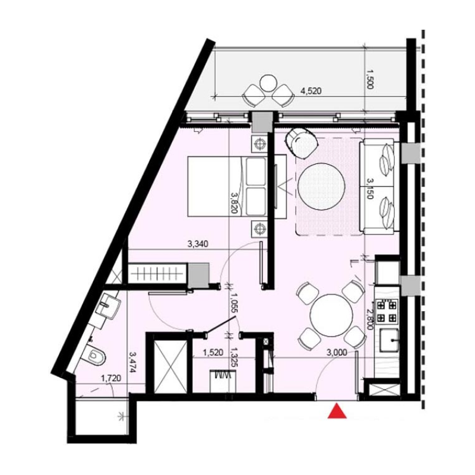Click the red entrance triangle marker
337,411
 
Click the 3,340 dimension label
197,243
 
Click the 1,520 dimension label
213,352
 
